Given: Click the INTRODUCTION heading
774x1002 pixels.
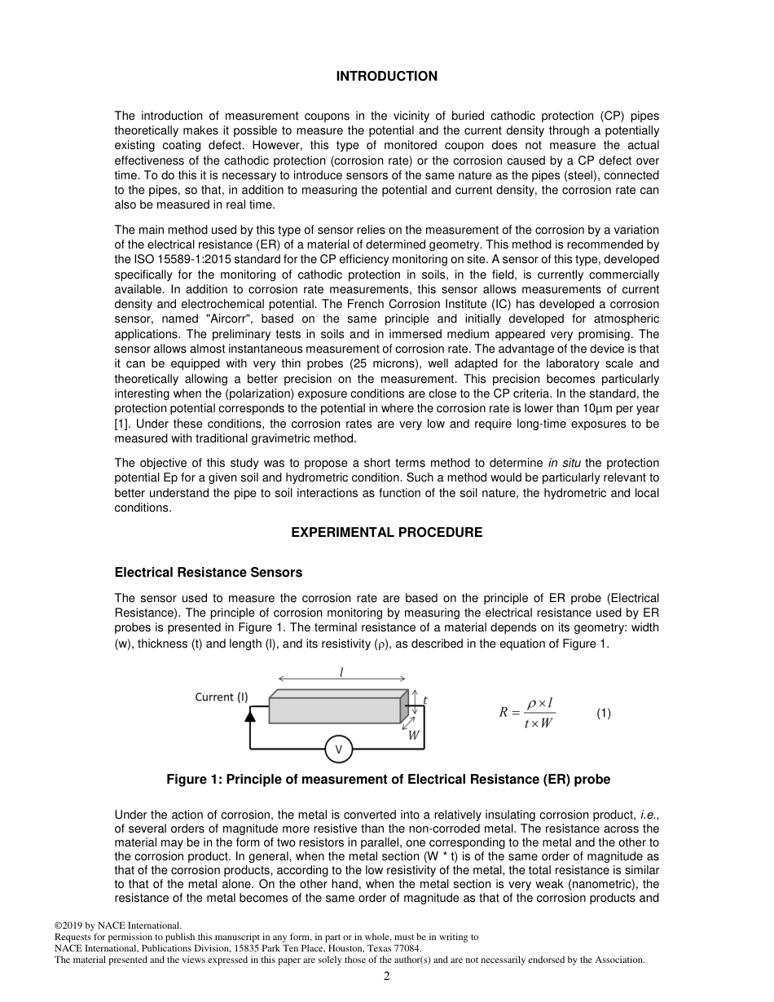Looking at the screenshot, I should (386, 77).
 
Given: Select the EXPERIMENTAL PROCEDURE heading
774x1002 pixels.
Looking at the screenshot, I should (386, 533).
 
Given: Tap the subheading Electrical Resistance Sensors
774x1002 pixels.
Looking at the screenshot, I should (209, 573).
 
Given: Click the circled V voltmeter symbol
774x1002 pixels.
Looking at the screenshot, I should (338, 749).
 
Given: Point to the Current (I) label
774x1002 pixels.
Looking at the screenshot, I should (222, 697).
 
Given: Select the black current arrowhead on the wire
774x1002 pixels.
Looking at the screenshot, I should (250, 715).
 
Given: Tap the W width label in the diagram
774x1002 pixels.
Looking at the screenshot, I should (414, 735).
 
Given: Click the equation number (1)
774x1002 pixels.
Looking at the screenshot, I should (603, 713).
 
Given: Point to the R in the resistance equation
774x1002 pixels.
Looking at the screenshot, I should (504, 713).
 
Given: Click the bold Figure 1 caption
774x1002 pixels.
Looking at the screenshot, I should (388, 780).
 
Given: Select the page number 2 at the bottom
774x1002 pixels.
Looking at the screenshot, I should (387, 976).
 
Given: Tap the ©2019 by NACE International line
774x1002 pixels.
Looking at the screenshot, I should (117, 925).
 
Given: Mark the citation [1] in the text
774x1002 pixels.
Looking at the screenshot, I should (121, 424).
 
